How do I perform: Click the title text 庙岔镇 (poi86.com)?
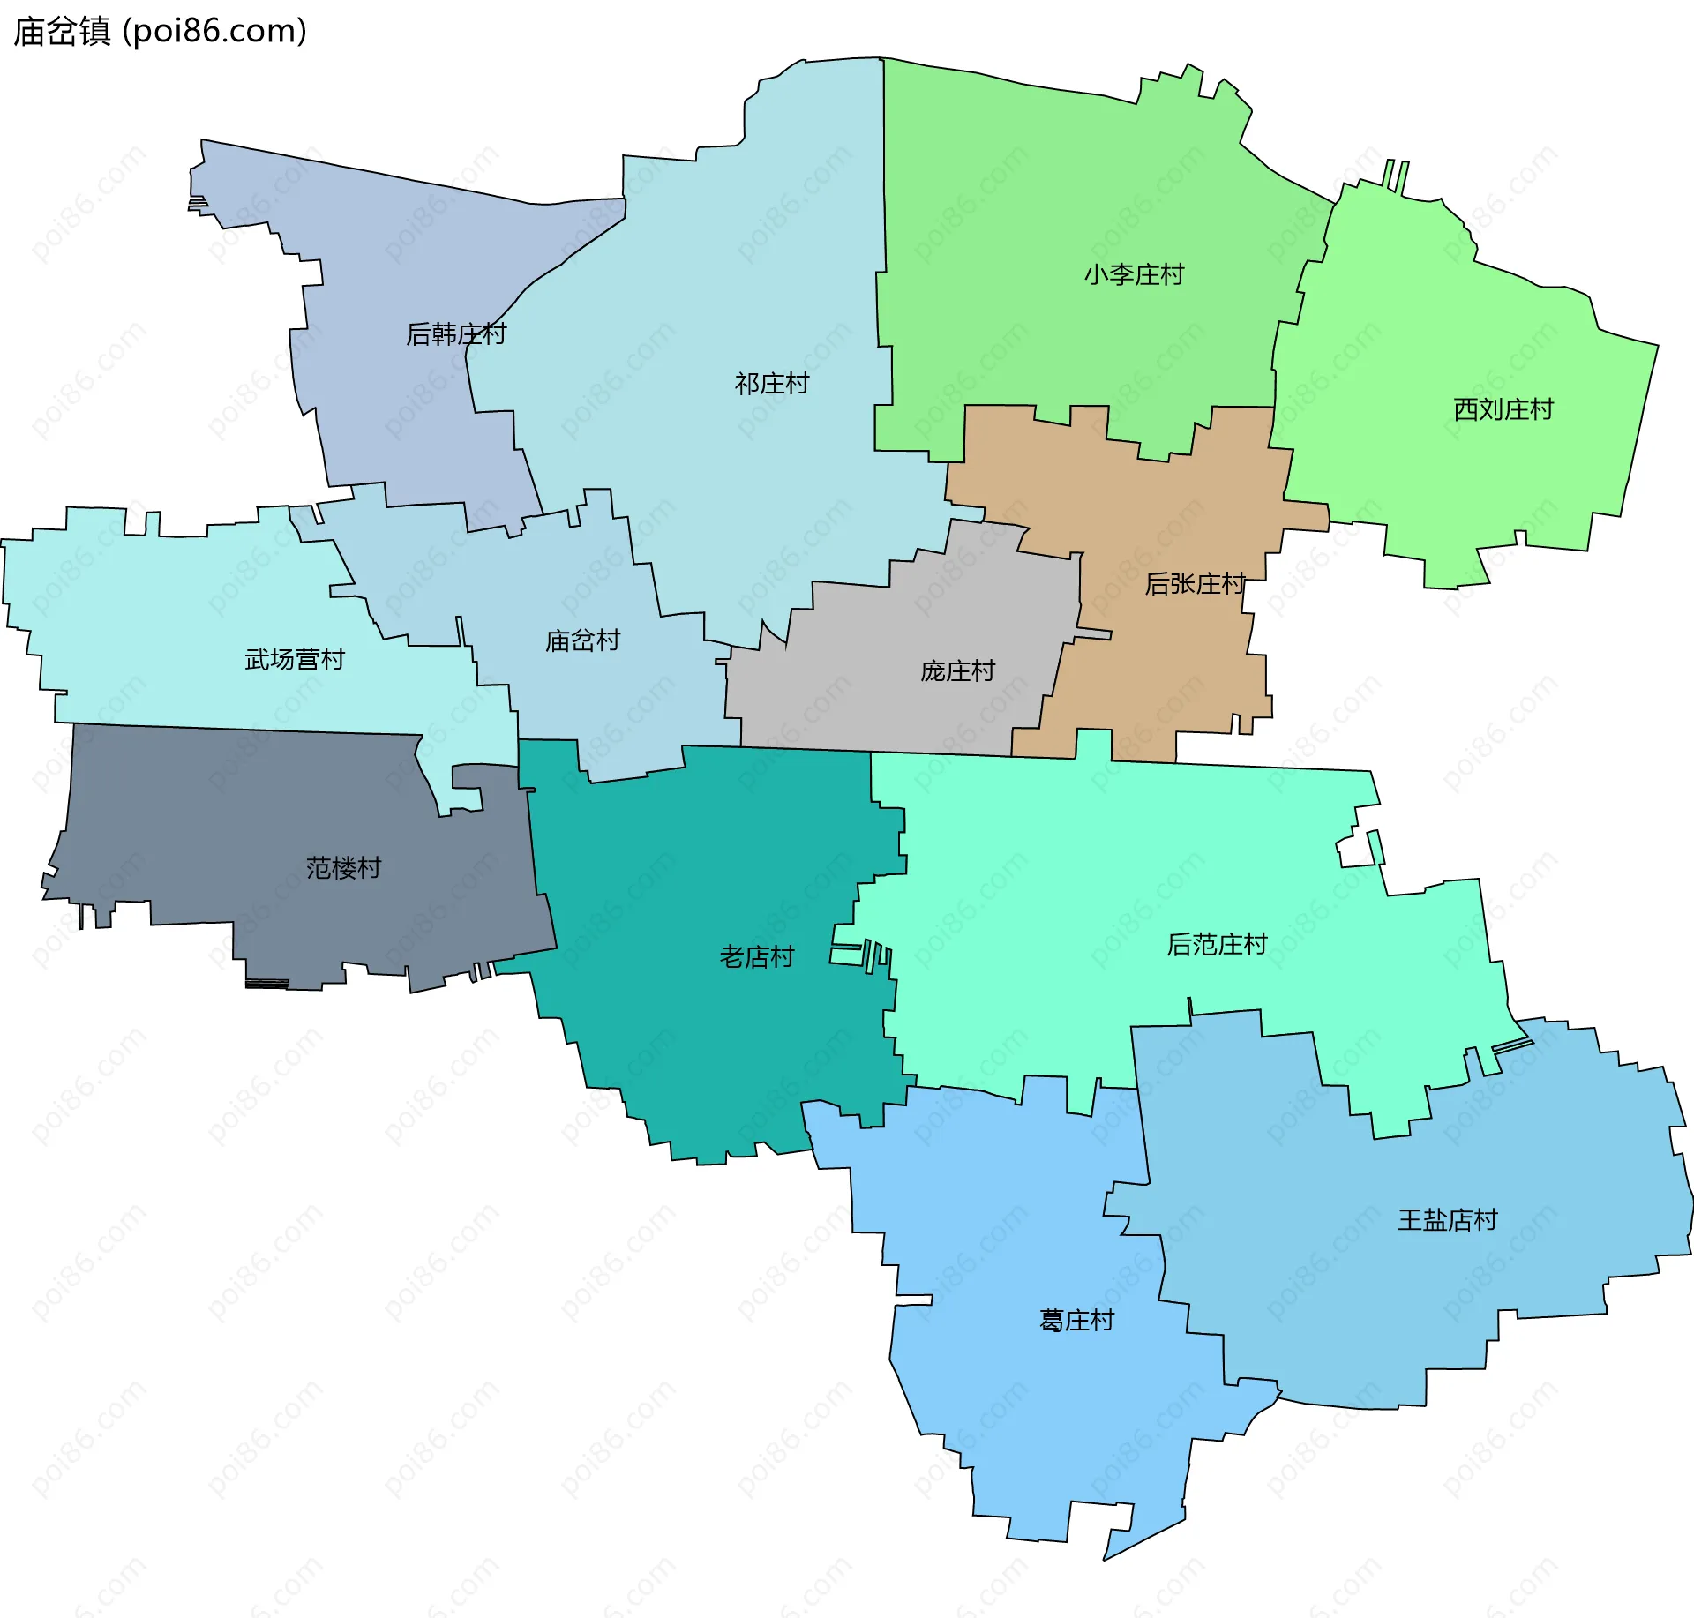(160, 31)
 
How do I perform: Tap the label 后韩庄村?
(455, 334)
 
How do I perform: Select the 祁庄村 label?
(771, 384)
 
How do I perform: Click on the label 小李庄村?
(1134, 275)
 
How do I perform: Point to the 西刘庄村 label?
(1503, 409)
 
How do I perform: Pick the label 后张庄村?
(1194, 584)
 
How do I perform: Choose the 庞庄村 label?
(957, 671)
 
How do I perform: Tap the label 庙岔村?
(582, 640)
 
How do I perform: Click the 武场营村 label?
(294, 660)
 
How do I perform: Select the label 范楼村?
(343, 868)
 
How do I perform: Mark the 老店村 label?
(756, 957)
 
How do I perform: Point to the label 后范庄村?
(1217, 945)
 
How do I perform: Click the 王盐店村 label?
(1447, 1220)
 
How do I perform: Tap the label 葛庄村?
(1076, 1321)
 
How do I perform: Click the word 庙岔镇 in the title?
(62, 31)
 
